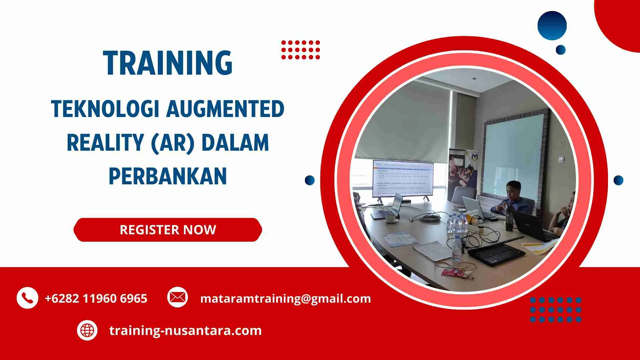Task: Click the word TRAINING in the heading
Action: click(168, 63)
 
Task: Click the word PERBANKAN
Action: click(168, 176)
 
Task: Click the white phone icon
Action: click(27, 298)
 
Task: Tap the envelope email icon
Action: click(177, 297)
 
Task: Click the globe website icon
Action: click(87, 330)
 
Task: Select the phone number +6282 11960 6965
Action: click(96, 298)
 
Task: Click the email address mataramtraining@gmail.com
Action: click(285, 298)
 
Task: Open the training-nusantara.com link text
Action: click(185, 330)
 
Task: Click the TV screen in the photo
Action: click(403, 179)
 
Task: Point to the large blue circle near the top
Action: click(552, 26)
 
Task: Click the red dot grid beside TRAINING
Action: click(300, 50)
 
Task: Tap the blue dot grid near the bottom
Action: click(555, 310)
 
